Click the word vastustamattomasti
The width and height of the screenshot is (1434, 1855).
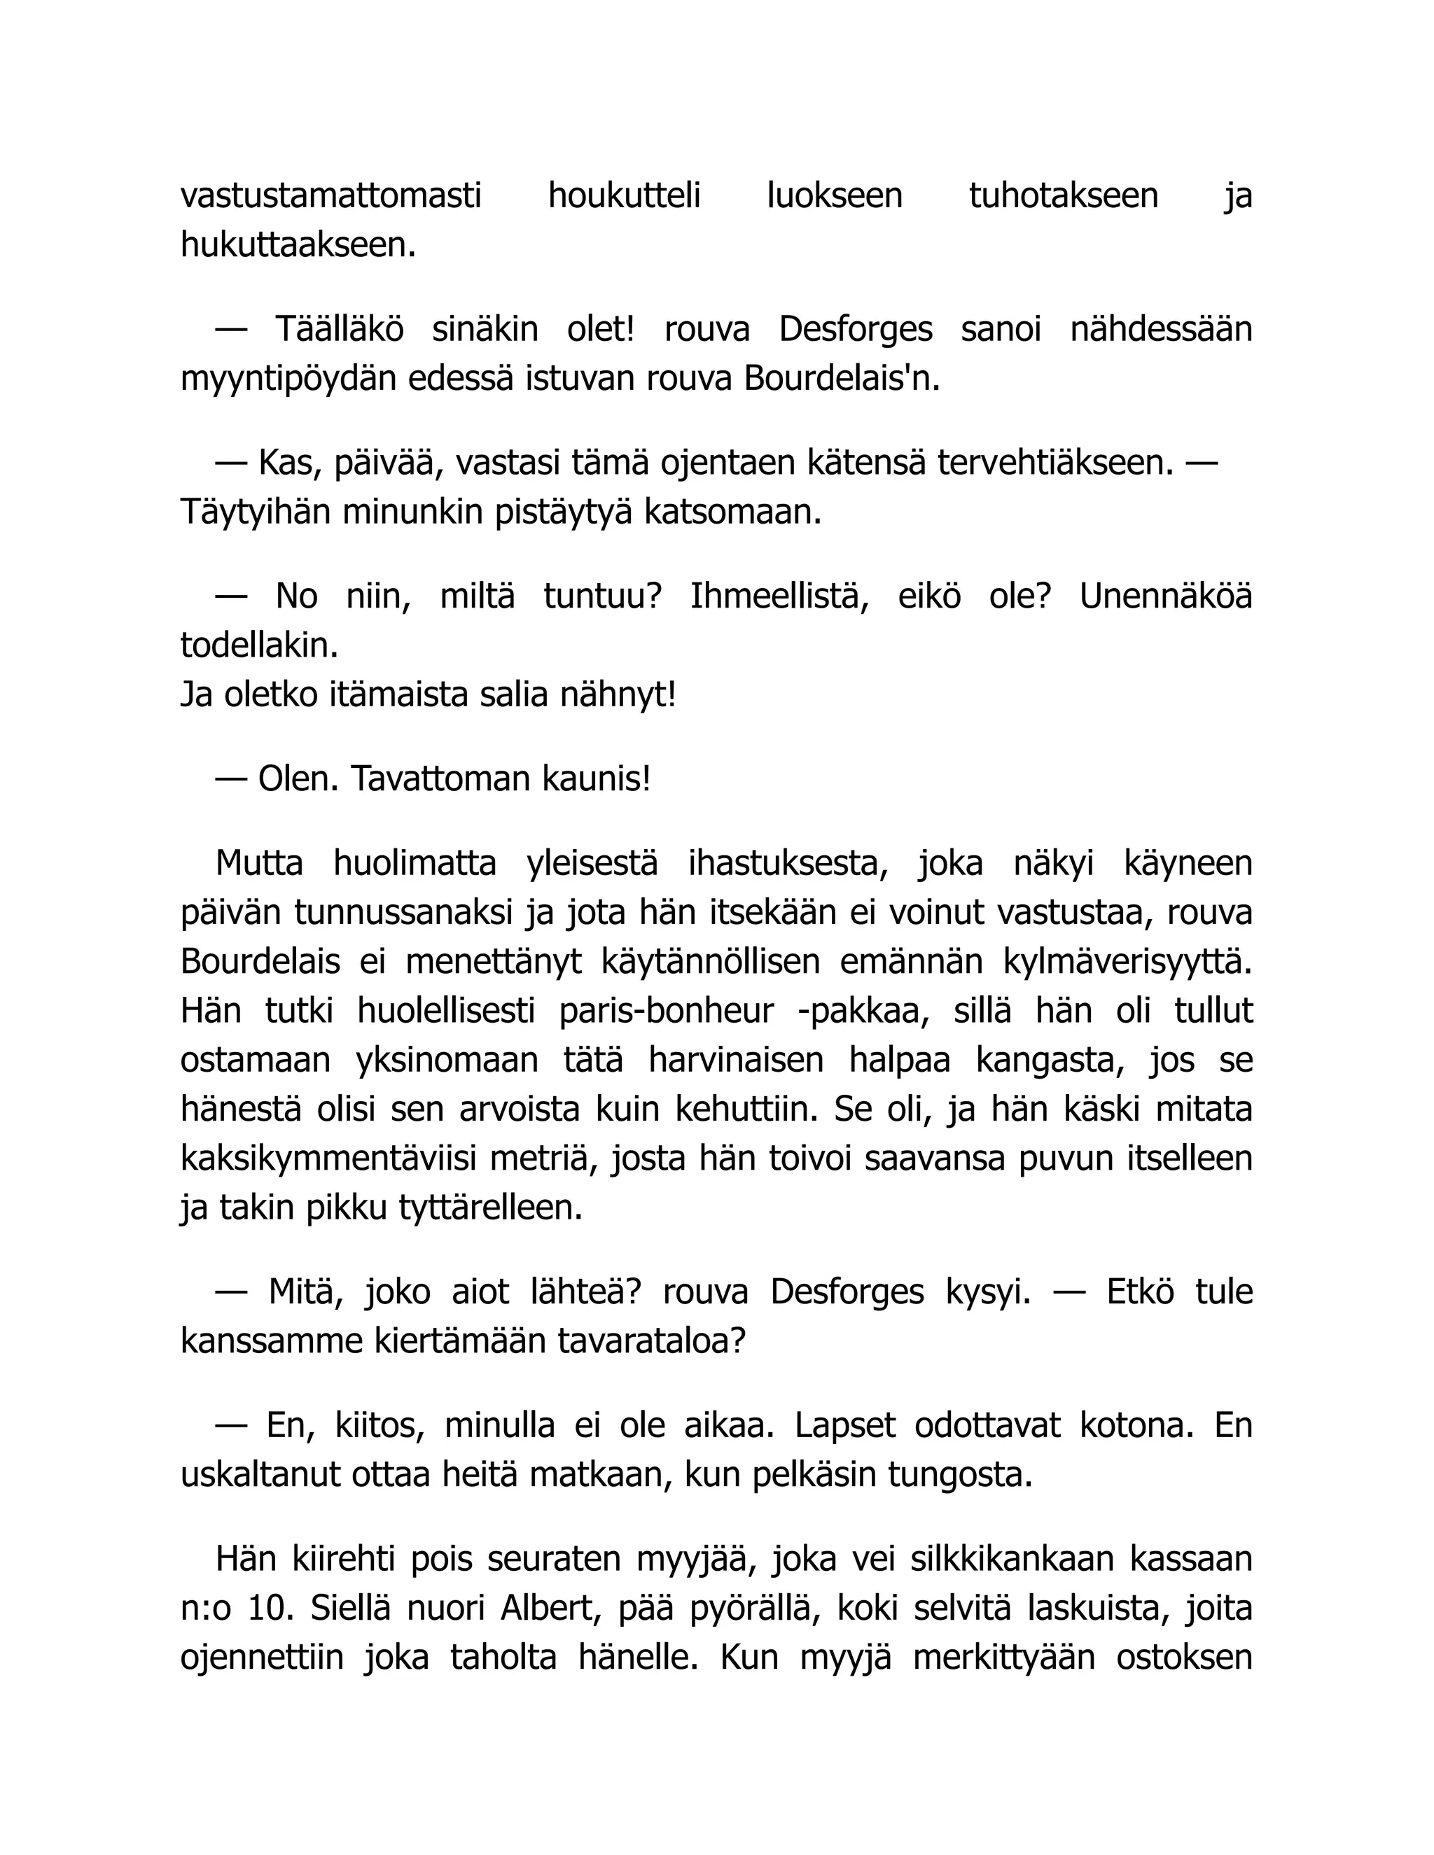[330, 196]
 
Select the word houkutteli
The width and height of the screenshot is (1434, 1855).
[624, 196]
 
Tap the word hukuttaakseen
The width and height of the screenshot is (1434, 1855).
[298, 246]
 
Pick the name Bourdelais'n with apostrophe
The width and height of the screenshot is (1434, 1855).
[842, 379]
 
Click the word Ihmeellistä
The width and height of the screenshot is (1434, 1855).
[779, 597]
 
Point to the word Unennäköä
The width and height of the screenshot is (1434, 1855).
[1166, 597]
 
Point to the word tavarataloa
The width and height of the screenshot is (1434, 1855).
[652, 1342]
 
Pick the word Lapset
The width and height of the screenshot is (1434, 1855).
[844, 1426]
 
